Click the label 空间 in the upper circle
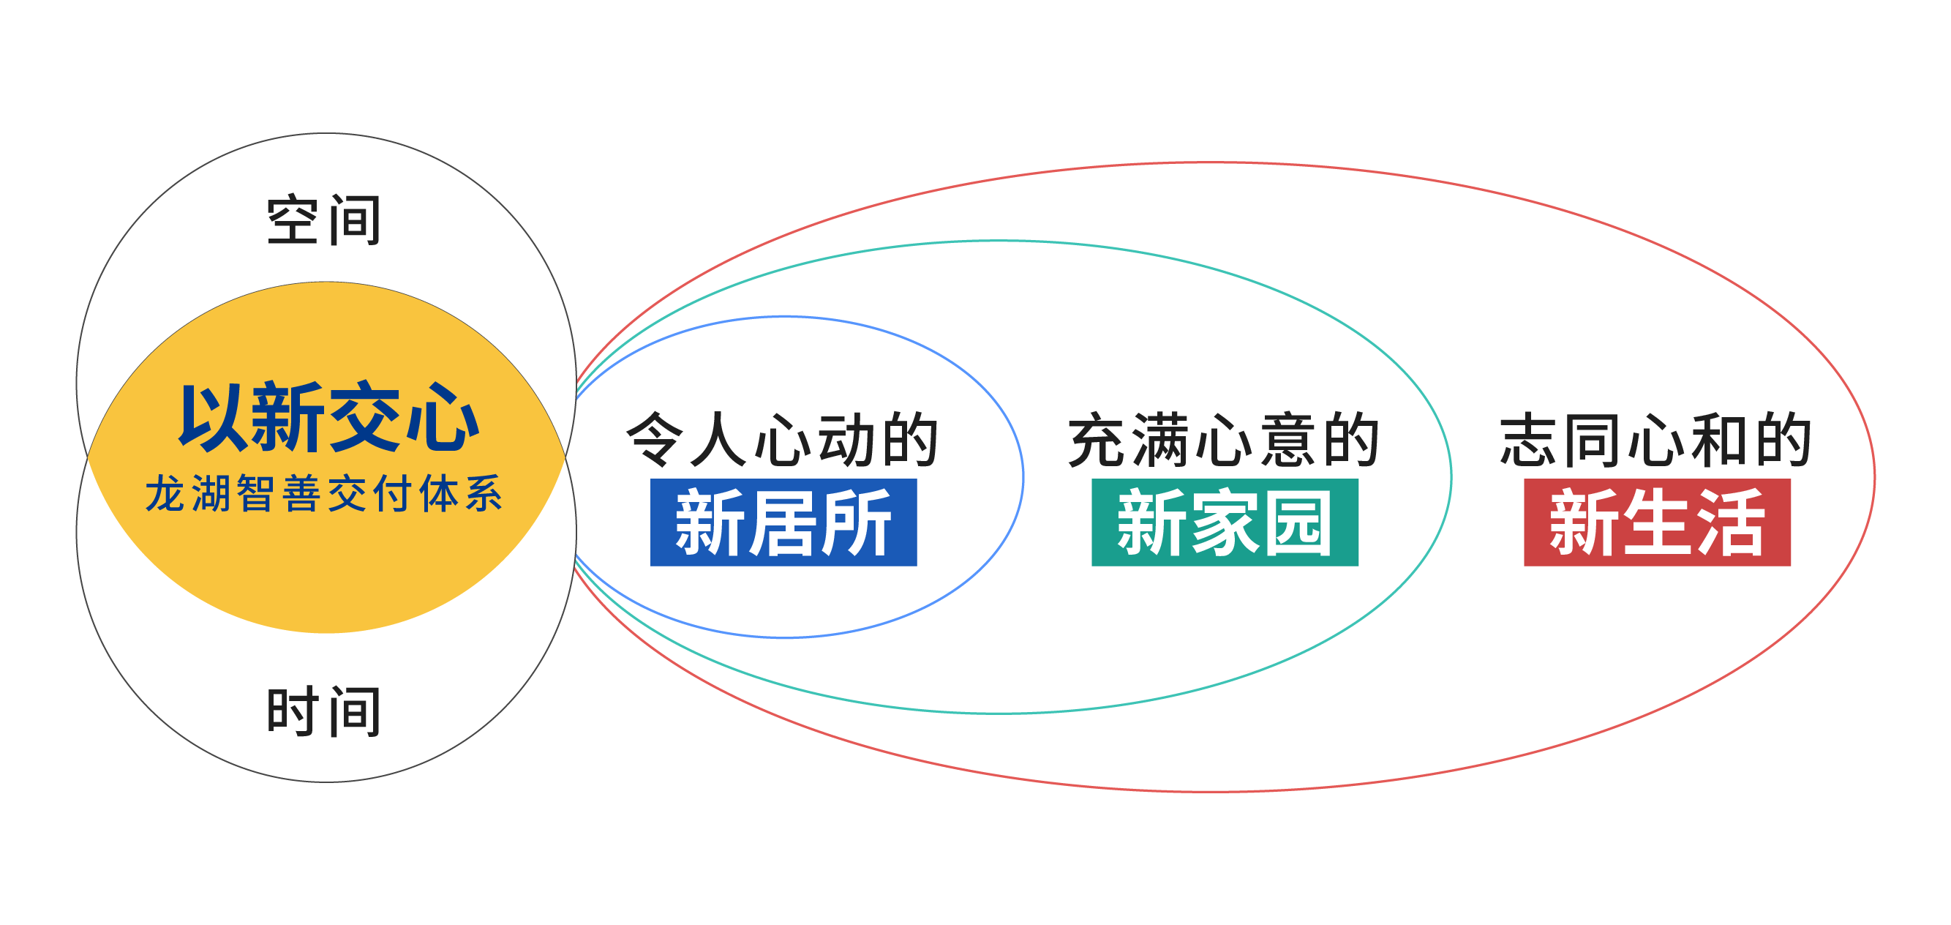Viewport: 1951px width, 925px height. (x=323, y=220)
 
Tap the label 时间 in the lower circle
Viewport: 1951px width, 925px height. (x=323, y=711)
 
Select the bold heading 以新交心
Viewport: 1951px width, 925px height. (x=329, y=417)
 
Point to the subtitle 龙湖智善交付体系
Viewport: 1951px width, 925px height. (x=324, y=493)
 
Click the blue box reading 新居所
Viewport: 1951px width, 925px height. (x=783, y=522)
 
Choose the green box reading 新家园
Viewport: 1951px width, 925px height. (x=1225, y=522)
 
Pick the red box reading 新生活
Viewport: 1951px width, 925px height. (x=1657, y=522)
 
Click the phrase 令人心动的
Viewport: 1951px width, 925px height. (x=783, y=439)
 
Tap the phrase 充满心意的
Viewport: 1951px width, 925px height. (x=1225, y=439)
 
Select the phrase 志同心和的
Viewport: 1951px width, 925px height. (x=1656, y=439)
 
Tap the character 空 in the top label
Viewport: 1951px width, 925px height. (x=293, y=220)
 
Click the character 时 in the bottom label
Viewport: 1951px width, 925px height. (x=293, y=711)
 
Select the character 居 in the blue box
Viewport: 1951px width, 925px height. (x=783, y=522)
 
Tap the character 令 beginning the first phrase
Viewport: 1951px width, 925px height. (x=655, y=439)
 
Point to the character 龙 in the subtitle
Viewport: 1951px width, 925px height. (x=165, y=493)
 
